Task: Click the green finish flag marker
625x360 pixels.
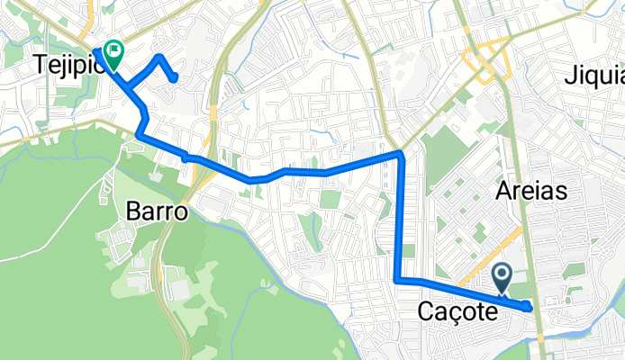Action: (x=114, y=51)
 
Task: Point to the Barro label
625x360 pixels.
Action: (x=156, y=212)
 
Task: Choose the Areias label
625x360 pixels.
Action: (x=530, y=191)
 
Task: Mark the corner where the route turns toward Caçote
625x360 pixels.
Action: (x=397, y=281)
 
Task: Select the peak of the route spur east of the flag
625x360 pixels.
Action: (x=159, y=57)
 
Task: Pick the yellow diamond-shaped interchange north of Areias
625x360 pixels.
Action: (x=486, y=63)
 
